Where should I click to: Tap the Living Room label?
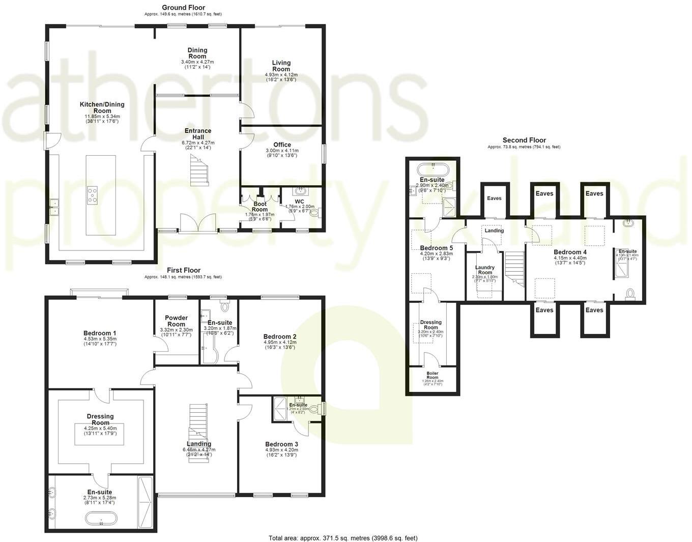(x=281, y=66)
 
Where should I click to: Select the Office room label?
(x=282, y=145)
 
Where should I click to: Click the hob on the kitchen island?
(x=93, y=195)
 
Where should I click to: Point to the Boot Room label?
(x=259, y=207)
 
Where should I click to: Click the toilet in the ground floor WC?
(x=319, y=213)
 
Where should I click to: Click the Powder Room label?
(x=176, y=321)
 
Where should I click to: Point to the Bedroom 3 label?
(x=281, y=444)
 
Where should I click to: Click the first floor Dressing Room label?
(x=100, y=419)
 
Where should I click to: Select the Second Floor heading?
(x=524, y=140)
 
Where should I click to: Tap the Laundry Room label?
(x=484, y=270)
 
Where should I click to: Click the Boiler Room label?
(x=432, y=376)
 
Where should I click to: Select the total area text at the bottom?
(x=343, y=538)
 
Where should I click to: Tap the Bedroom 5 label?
(x=436, y=248)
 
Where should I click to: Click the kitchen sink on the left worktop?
(x=54, y=206)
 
